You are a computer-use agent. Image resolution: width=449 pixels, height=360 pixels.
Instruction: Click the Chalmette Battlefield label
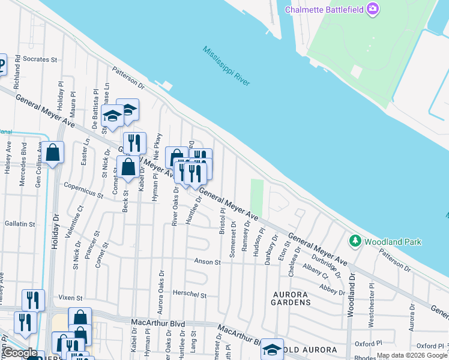pos(325,9)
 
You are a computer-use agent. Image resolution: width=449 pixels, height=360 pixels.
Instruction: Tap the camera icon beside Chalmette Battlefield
pos(373,8)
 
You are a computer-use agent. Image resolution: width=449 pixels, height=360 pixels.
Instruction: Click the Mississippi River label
pos(226,66)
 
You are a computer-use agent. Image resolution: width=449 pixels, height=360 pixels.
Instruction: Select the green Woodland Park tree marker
pos(355,241)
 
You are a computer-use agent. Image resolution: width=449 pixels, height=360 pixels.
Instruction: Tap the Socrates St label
pos(40,60)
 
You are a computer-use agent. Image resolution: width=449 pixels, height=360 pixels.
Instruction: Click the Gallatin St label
pos(19,224)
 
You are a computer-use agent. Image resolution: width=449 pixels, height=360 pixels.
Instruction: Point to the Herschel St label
pos(190,295)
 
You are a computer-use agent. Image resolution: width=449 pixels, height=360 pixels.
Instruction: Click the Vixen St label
pos(70,298)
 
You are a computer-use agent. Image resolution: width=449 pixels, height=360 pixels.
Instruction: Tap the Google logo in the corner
pos(21,353)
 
